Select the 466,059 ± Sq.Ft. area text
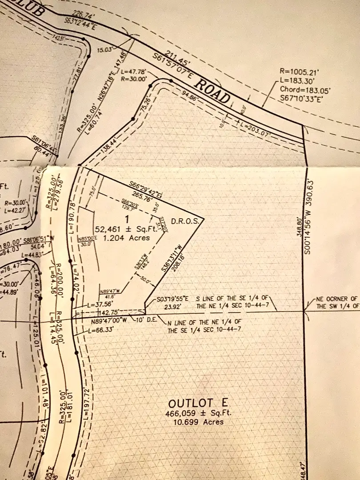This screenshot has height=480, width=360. pyautogui.click(x=198, y=413)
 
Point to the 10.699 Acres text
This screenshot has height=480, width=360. pyautogui.click(x=198, y=421)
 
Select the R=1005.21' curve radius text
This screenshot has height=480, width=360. pyautogui.click(x=297, y=71)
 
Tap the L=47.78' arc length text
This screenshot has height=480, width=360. pyautogui.click(x=134, y=71)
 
